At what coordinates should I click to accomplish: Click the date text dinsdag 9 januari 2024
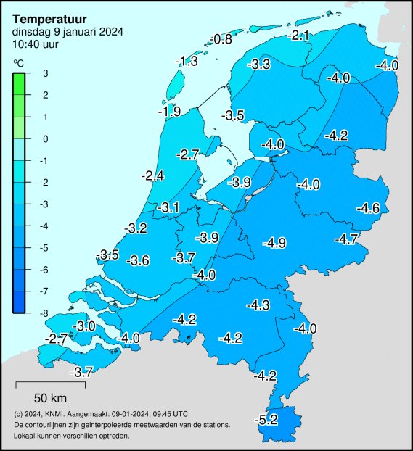[68, 31]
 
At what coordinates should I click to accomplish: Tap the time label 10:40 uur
[36, 44]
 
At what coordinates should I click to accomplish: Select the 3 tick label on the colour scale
[45, 73]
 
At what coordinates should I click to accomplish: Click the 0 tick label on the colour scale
[45, 138]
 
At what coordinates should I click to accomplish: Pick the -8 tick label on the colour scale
[44, 313]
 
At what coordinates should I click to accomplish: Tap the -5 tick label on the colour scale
[44, 248]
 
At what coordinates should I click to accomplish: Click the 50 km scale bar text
[51, 397]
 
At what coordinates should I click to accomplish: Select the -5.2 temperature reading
[267, 419]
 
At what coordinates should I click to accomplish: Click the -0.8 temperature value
[220, 38]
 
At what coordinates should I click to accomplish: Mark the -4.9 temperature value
[274, 243]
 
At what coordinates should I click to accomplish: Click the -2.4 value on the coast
[152, 175]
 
